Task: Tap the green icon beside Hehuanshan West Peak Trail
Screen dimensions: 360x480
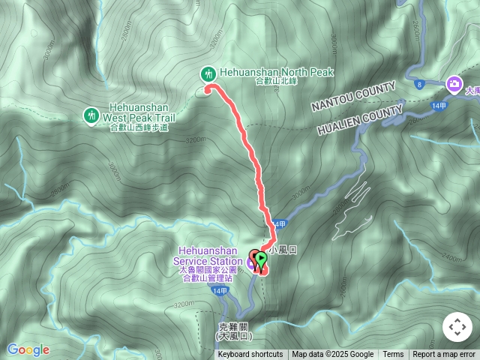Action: [x=91, y=115]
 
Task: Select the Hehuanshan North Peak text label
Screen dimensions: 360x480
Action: [x=276, y=73]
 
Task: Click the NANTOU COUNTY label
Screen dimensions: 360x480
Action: [x=353, y=98]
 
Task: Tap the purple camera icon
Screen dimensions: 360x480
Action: [x=453, y=83]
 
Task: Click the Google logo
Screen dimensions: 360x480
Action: [x=28, y=349]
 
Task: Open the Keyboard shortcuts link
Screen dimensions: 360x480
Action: [x=250, y=355]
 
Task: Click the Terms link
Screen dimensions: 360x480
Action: [x=393, y=355]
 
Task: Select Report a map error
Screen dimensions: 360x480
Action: [x=445, y=355]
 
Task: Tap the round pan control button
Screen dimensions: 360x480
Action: [x=457, y=328]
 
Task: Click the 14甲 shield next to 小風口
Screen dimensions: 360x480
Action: [x=280, y=224]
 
